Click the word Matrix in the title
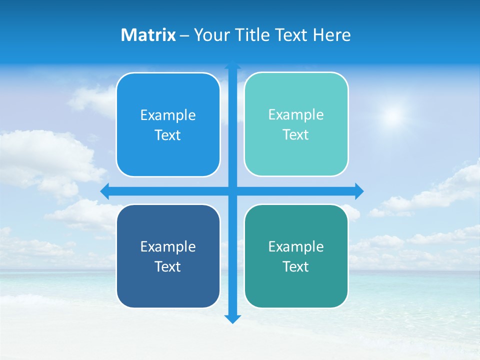[x=148, y=35]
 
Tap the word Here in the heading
[x=332, y=35]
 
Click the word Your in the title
[x=210, y=35]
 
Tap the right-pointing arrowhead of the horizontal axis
[x=359, y=191]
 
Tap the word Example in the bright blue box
[x=168, y=115]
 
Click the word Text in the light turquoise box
[x=296, y=135]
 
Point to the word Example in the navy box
[x=168, y=246]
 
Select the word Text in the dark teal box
[x=296, y=266]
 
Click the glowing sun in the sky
[x=393, y=116]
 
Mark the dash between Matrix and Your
[x=184, y=35]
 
